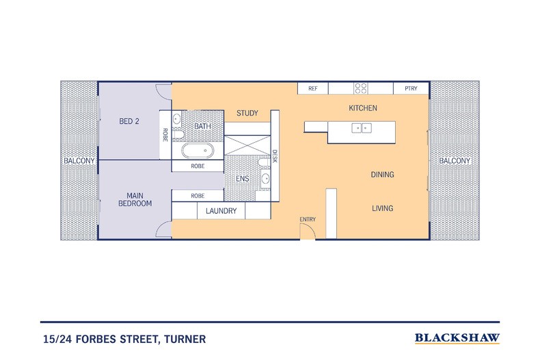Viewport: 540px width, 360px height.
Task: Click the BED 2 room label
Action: pos(129,122)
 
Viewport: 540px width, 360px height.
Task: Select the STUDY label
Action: pos(247,113)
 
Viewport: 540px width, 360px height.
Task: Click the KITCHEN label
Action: pos(363,108)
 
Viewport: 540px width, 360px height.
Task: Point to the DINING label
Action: pos(382,175)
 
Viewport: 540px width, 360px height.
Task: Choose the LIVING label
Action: pos(382,208)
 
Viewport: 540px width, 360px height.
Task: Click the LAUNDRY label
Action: pos(221,211)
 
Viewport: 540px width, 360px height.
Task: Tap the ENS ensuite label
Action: pos(242,179)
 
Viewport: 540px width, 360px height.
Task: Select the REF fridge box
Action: pos(313,89)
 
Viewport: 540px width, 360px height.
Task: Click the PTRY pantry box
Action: pos(411,89)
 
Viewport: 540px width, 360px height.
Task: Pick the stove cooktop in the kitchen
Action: pos(360,88)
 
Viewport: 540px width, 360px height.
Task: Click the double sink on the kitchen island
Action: pos(362,127)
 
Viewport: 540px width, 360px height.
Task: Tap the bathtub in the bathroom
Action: pos(198,150)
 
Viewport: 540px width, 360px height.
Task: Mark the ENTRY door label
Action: pos(308,219)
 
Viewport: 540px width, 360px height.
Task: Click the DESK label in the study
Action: pos(275,157)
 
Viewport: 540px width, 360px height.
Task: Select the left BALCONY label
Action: pos(79,161)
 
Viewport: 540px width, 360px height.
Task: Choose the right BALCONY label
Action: pos(455,161)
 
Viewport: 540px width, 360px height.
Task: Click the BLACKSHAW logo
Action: pos(457,338)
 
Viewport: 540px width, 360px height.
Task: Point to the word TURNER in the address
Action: pos(182,339)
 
